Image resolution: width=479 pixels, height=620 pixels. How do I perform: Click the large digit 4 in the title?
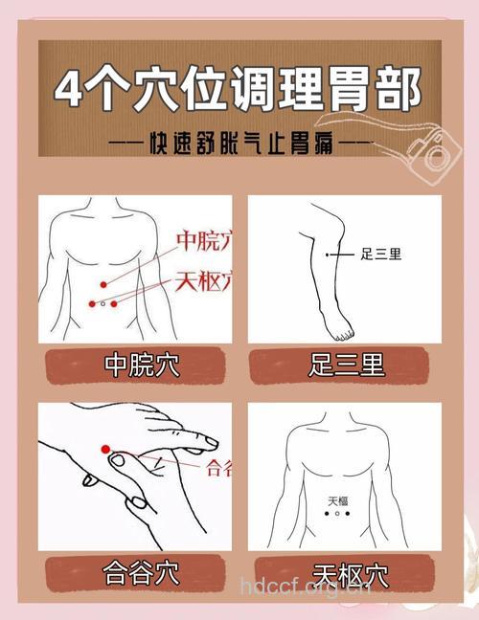[73, 91]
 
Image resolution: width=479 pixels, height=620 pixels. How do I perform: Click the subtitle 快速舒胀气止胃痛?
[239, 144]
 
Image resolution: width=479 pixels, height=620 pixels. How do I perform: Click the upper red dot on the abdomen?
[103, 283]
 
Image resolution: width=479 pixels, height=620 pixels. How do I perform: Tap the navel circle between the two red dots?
[103, 303]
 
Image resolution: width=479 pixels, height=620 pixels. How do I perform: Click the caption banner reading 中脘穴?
[135, 365]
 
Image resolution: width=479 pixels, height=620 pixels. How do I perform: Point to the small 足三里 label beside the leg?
[380, 255]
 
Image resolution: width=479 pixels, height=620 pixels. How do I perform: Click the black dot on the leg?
[328, 255]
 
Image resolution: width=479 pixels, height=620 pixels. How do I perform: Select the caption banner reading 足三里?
[345, 365]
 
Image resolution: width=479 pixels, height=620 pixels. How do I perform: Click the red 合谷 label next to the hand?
[217, 468]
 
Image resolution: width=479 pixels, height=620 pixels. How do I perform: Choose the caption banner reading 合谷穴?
[135, 574]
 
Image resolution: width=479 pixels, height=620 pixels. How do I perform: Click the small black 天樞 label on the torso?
[337, 500]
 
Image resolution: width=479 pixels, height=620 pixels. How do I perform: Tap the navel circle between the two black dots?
[336, 514]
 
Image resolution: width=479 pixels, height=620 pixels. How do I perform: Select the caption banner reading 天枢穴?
[345, 574]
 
